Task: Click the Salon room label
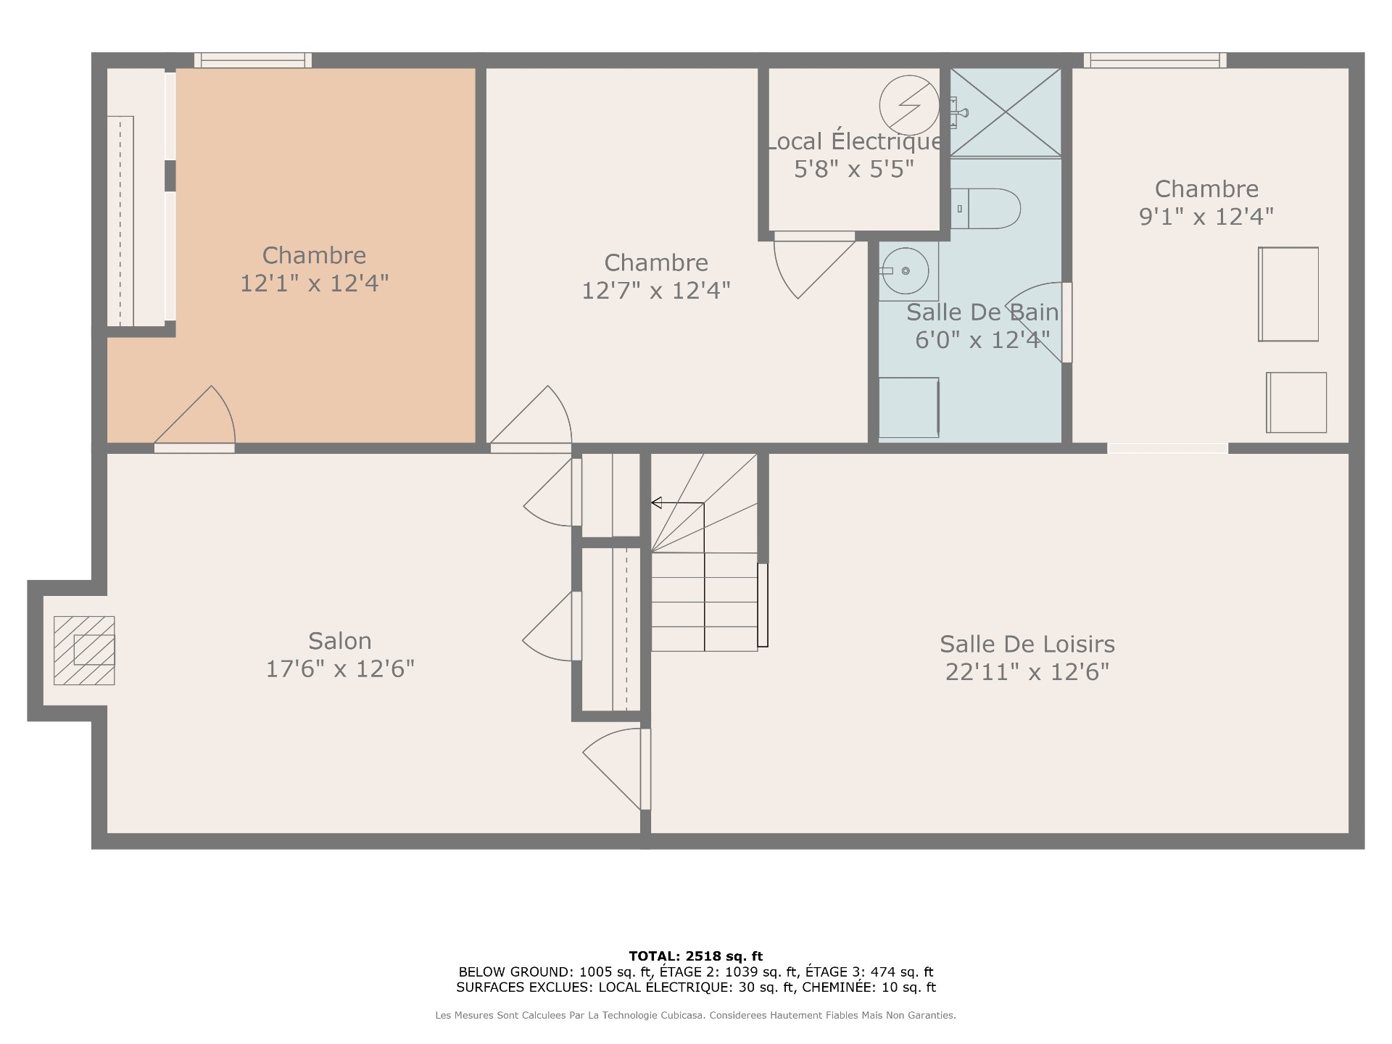pyautogui.click(x=340, y=641)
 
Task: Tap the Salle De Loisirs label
pyautogui.click(x=1027, y=644)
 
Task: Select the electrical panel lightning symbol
pyautogui.click(x=909, y=105)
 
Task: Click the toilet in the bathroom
pyautogui.click(x=985, y=209)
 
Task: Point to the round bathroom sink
pyautogui.click(x=906, y=270)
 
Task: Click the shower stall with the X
pyautogui.click(x=1006, y=112)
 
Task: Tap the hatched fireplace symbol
pyautogui.click(x=84, y=650)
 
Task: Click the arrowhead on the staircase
pyautogui.click(x=656, y=502)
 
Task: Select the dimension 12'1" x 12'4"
pyautogui.click(x=314, y=283)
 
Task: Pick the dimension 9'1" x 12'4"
pyautogui.click(x=1206, y=216)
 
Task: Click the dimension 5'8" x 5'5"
pyautogui.click(x=854, y=169)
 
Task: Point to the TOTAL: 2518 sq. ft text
pyautogui.click(x=696, y=956)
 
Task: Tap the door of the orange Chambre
pyautogui.click(x=195, y=417)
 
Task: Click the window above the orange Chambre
pyautogui.click(x=253, y=60)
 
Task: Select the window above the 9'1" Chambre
pyautogui.click(x=1155, y=60)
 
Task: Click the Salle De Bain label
pyautogui.click(x=982, y=312)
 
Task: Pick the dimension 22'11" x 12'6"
pyautogui.click(x=1027, y=672)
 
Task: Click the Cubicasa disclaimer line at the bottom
pyautogui.click(x=696, y=1016)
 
